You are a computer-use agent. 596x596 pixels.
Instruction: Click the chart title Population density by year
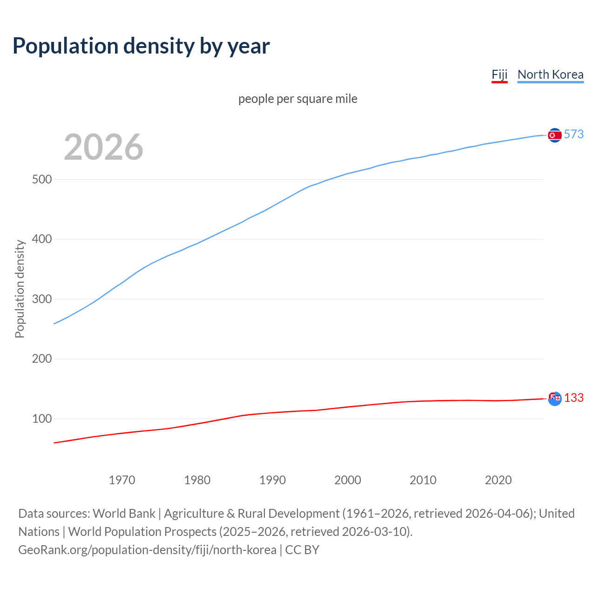(141, 46)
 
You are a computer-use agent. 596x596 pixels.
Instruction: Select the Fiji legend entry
(499, 74)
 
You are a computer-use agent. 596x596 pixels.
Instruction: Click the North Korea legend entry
(550, 74)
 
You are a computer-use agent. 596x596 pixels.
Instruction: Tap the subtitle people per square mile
(298, 99)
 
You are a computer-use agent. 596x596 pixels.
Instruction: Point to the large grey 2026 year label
(103, 147)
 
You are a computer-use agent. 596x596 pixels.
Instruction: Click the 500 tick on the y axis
(41, 179)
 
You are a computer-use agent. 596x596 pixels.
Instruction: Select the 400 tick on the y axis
(41, 239)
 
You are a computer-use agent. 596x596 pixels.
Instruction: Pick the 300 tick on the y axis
(41, 299)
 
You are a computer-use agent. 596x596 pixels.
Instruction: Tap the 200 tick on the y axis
(41, 359)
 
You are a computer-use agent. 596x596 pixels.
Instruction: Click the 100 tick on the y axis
(41, 419)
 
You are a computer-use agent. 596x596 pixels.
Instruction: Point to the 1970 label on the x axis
(122, 480)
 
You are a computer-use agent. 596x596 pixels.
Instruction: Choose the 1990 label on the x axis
(272, 480)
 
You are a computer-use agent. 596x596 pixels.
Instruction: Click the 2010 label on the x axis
(423, 480)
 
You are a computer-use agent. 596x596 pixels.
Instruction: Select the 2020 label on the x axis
(498, 480)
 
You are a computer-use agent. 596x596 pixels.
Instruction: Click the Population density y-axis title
(20, 289)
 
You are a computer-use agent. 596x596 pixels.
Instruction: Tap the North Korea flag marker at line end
(555, 135)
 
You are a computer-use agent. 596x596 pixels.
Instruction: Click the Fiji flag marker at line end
(555, 399)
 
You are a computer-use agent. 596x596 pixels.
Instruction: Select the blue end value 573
(574, 134)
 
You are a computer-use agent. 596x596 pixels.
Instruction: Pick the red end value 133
(574, 398)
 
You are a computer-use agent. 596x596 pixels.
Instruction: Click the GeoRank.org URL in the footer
(147, 549)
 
